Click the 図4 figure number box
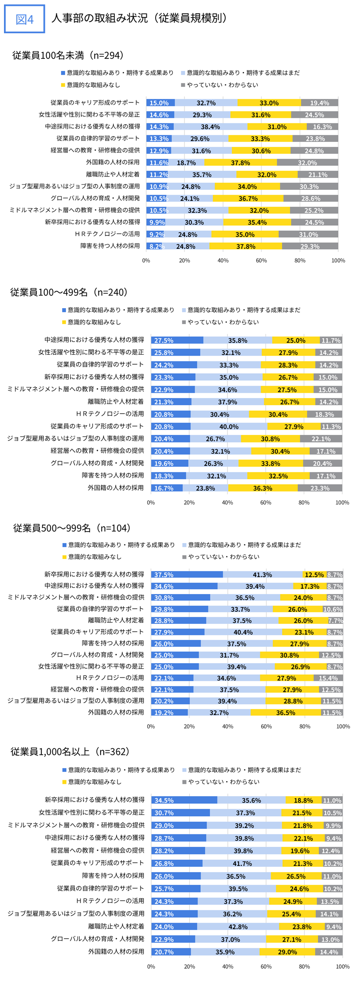tap(24, 19)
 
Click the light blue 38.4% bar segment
tap(210, 127)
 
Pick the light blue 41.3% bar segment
tap(262, 575)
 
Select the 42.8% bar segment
tap(238, 927)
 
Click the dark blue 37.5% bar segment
tap(187, 575)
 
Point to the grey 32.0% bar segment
tap(307, 163)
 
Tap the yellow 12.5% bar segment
tap(314, 575)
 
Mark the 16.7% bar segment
tap(167, 488)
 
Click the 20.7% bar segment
tap(171, 952)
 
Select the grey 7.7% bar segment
tap(336, 621)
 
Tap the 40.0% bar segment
tap(229, 426)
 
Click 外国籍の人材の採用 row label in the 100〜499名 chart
tap(116, 488)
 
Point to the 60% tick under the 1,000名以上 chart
tap(266, 966)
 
